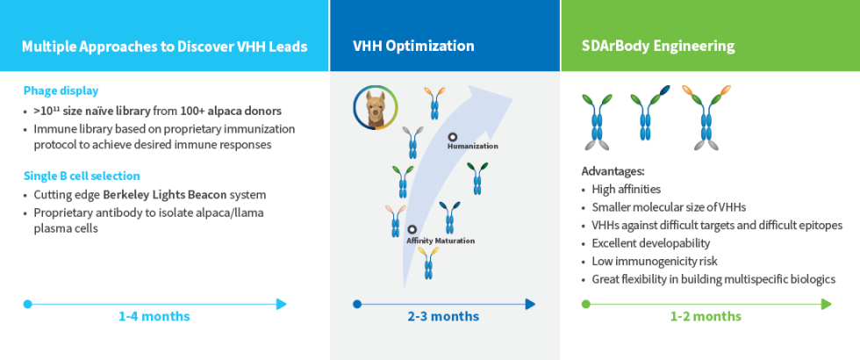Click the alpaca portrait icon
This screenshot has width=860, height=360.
click(x=376, y=108)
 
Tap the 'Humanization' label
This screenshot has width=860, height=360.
click(x=472, y=147)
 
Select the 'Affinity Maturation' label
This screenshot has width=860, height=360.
click(x=441, y=241)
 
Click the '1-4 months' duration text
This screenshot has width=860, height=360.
click(x=154, y=316)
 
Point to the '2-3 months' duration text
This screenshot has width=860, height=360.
click(x=443, y=316)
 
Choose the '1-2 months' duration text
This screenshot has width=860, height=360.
click(x=706, y=316)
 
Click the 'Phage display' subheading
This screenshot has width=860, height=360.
click(x=61, y=90)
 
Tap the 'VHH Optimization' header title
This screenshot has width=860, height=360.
click(x=413, y=47)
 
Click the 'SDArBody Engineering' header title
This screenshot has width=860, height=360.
click(x=658, y=47)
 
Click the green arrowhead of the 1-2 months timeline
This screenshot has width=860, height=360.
click(x=826, y=304)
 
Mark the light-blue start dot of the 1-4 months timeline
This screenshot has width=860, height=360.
click(x=28, y=304)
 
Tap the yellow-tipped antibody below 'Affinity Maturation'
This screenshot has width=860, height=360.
click(x=428, y=263)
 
